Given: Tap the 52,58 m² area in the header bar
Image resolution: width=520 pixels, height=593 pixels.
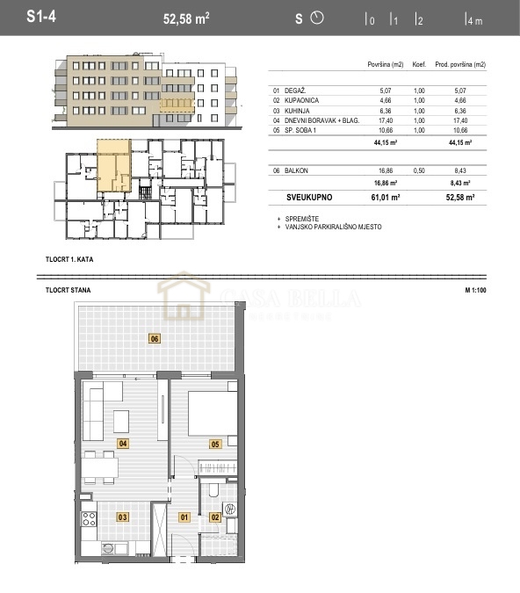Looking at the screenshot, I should (189, 18).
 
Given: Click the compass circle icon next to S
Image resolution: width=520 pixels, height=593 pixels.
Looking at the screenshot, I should (318, 18).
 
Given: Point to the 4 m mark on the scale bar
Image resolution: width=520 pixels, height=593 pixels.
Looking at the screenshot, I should (473, 19).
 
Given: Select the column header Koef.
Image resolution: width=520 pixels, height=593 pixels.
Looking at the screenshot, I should (420, 65).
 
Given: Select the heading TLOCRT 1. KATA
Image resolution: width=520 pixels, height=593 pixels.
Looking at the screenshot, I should (69, 260).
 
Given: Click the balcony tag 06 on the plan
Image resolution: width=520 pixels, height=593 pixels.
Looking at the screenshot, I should (155, 338).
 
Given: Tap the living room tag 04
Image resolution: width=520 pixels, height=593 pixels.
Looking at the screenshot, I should (123, 444).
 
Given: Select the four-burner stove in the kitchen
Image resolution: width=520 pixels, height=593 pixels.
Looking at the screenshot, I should (89, 518).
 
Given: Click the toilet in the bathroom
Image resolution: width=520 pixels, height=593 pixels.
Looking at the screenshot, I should (214, 490).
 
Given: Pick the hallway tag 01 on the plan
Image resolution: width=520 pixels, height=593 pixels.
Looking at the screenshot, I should (184, 517).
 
